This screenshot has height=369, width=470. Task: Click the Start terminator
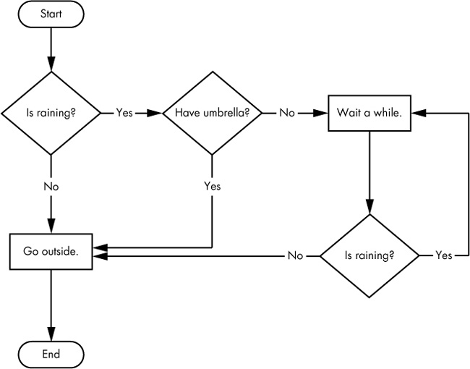pos(51,14)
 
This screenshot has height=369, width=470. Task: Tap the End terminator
pos(51,355)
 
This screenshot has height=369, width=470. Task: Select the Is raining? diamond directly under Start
pos(51,114)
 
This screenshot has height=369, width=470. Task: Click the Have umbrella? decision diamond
pos(211,114)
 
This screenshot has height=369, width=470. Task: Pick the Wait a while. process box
pos(369,114)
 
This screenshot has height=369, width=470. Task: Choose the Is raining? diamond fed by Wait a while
pos(369,255)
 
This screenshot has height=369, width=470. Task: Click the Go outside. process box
pos(51,252)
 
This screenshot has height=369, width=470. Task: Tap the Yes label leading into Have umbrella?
pos(124,114)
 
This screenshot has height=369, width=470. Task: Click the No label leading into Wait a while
pos(286,114)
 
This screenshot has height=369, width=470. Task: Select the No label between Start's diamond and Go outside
pos(51,186)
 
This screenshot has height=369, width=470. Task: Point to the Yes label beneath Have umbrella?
pos(211,186)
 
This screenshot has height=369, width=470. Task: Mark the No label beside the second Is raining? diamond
pos(295,255)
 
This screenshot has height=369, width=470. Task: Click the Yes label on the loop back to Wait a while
pos(444,255)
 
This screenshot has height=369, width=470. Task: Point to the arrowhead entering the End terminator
pos(51,336)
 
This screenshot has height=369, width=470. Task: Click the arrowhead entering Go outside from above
pos(51,227)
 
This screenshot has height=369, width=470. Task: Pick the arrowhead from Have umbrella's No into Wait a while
pos(322,114)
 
